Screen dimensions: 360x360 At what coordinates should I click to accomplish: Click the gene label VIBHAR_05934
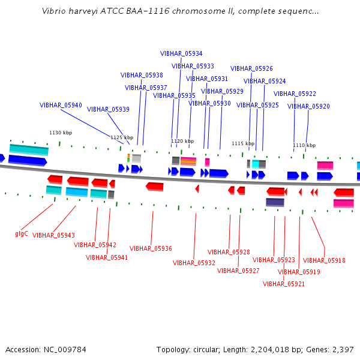point(181,53)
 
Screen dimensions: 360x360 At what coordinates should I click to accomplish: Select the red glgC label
point(22,234)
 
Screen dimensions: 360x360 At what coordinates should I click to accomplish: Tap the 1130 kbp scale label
point(61,133)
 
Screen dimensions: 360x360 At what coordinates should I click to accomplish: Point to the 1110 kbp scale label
point(304,145)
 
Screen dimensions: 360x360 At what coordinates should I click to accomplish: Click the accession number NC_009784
point(65,350)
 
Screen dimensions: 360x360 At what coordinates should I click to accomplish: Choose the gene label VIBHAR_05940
point(61,105)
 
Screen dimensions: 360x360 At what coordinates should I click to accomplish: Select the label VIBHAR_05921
point(284,284)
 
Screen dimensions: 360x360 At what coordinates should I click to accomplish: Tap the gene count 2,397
point(343,350)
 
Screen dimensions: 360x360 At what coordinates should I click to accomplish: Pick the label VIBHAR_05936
point(151,248)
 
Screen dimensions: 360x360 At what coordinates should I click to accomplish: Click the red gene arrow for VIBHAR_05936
point(155,187)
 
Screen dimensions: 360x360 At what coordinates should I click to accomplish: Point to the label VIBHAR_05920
point(308,106)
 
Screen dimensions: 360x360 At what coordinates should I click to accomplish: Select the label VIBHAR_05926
point(251,68)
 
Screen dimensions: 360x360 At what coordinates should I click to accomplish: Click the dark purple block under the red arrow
point(275,202)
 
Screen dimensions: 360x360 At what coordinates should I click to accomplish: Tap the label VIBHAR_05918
point(324,260)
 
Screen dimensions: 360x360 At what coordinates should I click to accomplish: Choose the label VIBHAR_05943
point(53,235)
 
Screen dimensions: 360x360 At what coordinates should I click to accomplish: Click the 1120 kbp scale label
point(182,141)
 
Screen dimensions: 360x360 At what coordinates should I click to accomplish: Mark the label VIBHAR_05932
point(194,263)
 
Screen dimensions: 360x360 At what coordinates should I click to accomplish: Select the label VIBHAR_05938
point(142,75)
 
